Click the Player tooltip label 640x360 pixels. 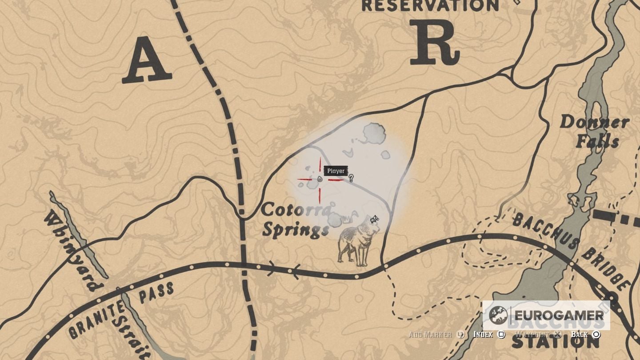336,171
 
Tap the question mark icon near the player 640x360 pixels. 351,178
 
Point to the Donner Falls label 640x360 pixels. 595,131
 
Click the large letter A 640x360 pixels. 147,60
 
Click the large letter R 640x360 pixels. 434,42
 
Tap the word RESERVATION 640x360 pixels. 430,6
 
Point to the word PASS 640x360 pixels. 156,294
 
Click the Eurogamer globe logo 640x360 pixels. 498,316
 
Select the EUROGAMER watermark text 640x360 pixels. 558,316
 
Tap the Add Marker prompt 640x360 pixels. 436,334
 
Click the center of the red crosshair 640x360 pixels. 320,179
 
